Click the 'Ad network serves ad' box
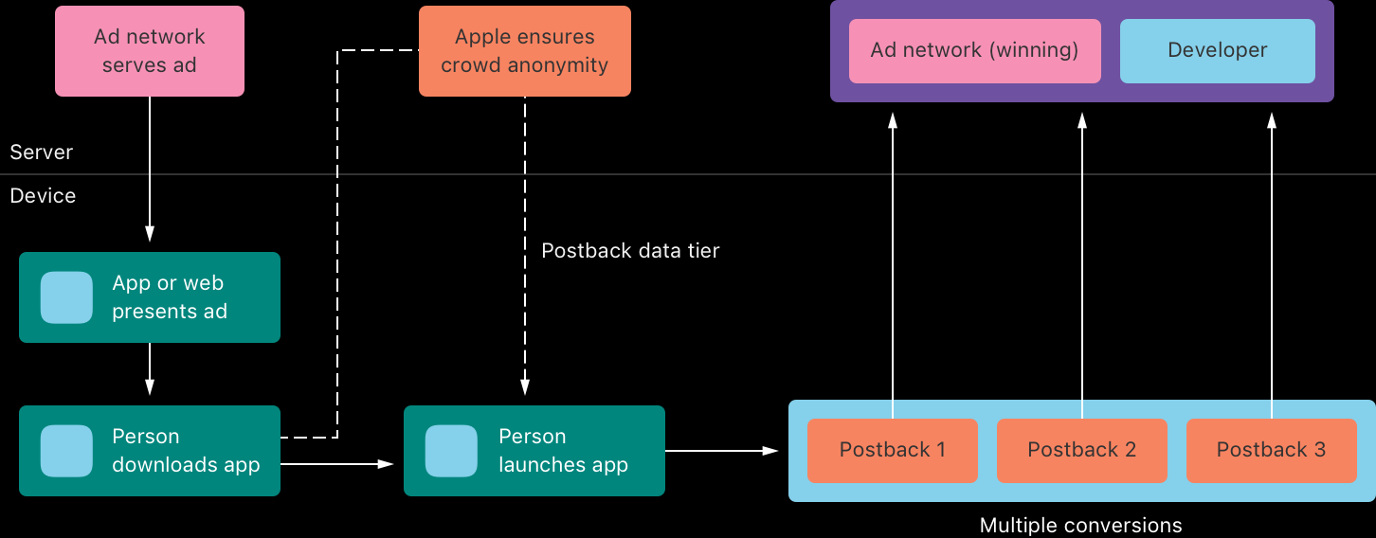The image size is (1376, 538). point(150,51)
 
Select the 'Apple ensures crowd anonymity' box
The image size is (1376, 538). point(524,51)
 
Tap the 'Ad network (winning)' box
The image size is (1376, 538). point(974,51)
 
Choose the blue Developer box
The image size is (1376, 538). point(1217,51)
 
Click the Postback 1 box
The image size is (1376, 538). point(892,450)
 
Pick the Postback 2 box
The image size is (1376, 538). point(1081,450)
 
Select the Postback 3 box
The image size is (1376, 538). point(1271,450)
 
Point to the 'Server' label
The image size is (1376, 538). point(42,152)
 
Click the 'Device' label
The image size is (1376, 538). point(43,196)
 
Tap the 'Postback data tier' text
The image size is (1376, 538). point(630,251)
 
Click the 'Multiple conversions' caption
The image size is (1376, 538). point(1080,525)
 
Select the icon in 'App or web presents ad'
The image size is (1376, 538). point(66,297)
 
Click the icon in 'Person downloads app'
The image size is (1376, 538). point(66,451)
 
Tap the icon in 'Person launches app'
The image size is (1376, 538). point(451,451)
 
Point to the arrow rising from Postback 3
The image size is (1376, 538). point(1272,265)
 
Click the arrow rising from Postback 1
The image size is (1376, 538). point(892,265)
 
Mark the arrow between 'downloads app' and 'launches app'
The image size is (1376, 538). point(337,464)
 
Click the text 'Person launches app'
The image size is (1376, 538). point(563,451)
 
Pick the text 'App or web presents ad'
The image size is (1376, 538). point(170,297)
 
